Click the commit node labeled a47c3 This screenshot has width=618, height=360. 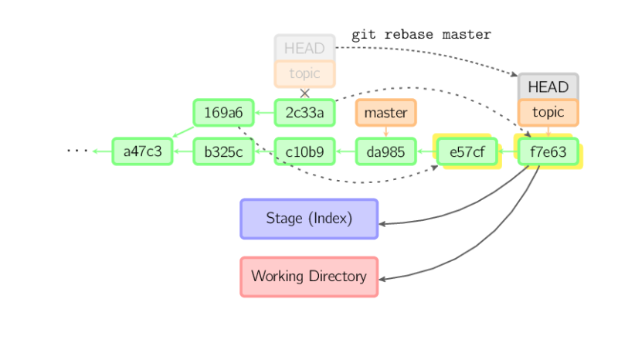coord(142,151)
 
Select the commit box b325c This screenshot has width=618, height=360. coord(223,151)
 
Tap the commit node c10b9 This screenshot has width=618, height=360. coord(304,151)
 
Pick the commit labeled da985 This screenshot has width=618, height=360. coord(385,151)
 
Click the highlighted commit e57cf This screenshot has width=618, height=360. coord(467,152)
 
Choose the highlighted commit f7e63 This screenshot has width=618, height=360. coord(548,152)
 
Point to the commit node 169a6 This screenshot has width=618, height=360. coord(223,113)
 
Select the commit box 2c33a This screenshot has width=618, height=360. coord(304,113)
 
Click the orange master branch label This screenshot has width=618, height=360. coord(385,113)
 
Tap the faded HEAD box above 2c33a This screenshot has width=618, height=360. coord(304,48)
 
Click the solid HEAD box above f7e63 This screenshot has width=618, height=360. coord(548,87)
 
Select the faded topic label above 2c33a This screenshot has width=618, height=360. coord(304,74)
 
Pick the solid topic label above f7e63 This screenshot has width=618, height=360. coord(548,112)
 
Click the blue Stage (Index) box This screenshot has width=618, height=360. coord(309,219)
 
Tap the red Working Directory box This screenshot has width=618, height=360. coord(309,277)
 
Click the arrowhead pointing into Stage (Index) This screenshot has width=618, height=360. coord(385,223)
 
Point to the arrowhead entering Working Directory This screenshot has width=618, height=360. coord(385,279)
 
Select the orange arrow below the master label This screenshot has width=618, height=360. coord(385,132)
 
